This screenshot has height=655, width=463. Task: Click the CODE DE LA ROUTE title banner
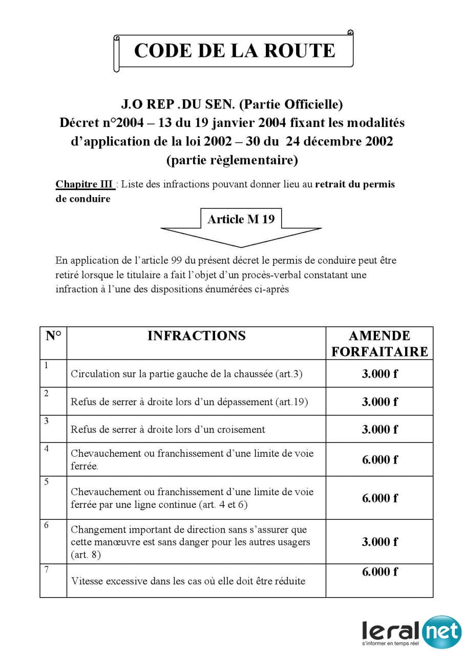[234, 51]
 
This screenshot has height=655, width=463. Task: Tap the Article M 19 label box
[241, 219]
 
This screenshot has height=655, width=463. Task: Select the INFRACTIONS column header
[196, 336]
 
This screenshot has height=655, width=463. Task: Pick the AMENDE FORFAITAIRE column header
[379, 344]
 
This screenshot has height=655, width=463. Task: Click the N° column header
[53, 336]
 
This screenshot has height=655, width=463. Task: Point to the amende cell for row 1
[380, 374]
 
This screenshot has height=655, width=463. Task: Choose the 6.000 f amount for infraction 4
[380, 460]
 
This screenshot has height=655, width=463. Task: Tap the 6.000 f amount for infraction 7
[380, 572]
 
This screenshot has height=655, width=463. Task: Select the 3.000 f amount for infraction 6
[380, 542]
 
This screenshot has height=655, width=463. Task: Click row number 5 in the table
[47, 482]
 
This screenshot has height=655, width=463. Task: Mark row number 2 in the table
[47, 393]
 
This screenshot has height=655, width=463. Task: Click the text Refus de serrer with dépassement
[189, 402]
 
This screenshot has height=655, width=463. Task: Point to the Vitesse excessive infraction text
[188, 581]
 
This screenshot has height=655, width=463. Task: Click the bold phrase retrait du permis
[355, 184]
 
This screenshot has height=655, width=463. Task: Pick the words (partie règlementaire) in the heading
[232, 160]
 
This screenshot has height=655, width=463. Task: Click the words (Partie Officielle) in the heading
[291, 104]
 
